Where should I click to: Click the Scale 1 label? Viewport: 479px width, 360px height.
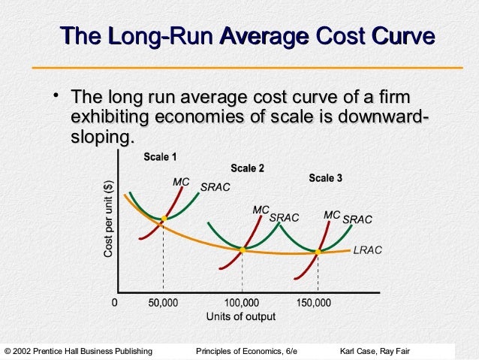[160, 158]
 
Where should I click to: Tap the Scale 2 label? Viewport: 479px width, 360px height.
[247, 168]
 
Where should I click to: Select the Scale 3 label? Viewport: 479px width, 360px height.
[325, 178]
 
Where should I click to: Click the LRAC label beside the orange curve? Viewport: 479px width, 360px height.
[367, 250]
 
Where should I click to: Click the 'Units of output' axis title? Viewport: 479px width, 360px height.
[240, 316]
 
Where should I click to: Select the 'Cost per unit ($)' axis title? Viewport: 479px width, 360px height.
[108, 219]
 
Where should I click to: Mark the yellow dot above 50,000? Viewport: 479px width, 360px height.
[163, 219]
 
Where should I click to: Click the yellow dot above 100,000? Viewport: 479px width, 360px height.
[243, 248]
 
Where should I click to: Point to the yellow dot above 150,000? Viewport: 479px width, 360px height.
[319, 252]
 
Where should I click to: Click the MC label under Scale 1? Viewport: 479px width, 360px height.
[181, 183]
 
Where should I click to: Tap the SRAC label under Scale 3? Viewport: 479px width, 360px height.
[357, 219]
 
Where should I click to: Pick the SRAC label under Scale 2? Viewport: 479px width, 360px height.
[284, 218]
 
